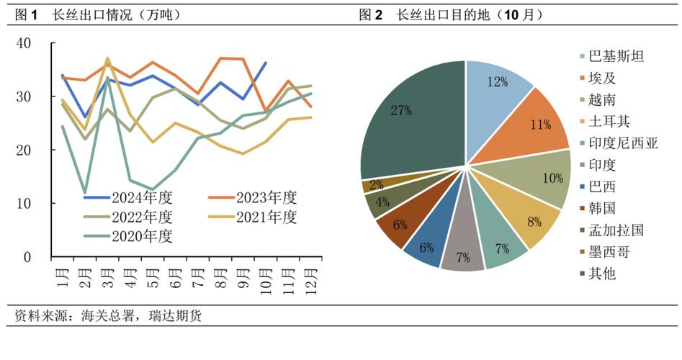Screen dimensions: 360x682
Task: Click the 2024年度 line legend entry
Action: pyautogui.click(x=141, y=197)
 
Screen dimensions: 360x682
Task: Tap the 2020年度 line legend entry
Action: pyautogui.click(x=141, y=235)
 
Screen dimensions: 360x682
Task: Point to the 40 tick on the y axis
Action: pyautogui.click(x=23, y=43)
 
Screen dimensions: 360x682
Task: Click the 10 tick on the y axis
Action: pyautogui.click(x=23, y=204)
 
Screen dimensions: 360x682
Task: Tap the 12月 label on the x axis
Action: pyautogui.click(x=310, y=278)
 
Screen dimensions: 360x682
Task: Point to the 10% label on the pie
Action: pyautogui.click(x=553, y=179)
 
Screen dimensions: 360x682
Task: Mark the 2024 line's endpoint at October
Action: pyautogui.click(x=266, y=63)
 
